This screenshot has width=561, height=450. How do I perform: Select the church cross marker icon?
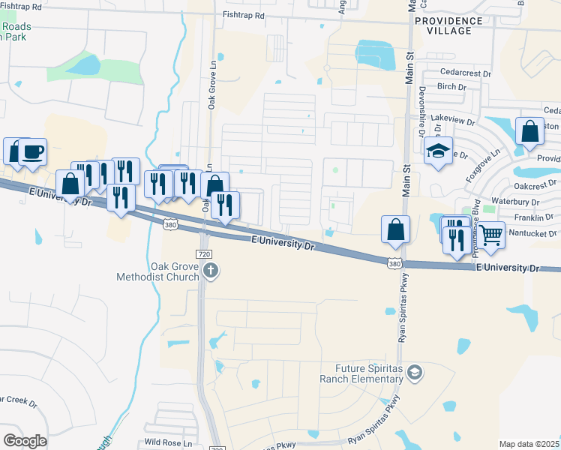[211, 271]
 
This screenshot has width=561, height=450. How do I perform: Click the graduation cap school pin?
[438, 151]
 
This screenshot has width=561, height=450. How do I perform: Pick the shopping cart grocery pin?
[491, 235]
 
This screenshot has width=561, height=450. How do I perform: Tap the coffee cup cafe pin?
[32, 151]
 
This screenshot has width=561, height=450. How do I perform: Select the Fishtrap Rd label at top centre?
[244, 15]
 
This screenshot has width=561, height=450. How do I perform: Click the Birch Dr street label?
[451, 87]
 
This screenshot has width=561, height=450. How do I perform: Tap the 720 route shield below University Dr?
[203, 255]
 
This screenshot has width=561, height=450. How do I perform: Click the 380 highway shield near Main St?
[394, 263]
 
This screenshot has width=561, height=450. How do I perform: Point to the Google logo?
[25, 440]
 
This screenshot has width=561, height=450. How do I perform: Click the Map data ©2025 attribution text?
[528, 444]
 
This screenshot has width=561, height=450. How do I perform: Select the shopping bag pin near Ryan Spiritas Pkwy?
[395, 229]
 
